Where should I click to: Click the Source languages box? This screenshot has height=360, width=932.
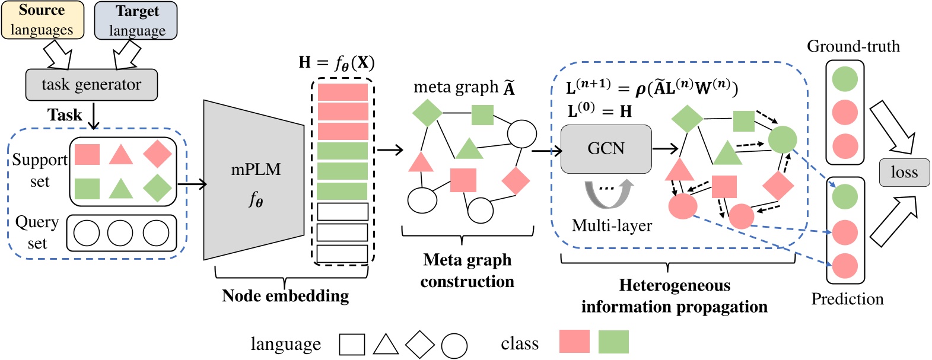coord(42,20)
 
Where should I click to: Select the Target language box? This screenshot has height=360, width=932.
coord(136,21)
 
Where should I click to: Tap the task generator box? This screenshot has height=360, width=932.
coord(91,85)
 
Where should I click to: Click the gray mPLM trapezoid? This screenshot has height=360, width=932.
coord(254,180)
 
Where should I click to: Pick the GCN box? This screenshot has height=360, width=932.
coord(606,149)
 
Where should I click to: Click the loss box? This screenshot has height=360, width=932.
coord(904,173)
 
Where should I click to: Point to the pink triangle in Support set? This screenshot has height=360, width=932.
coord(121,154)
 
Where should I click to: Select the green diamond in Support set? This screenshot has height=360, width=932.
coord(157,189)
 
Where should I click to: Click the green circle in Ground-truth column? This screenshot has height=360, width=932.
coord(845,79)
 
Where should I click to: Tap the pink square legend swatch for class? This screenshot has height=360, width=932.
coord(574,342)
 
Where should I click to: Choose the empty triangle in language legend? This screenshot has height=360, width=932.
coord(386,345)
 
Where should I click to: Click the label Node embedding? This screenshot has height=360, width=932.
coord(285,295)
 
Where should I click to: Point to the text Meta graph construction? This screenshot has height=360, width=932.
coord(467,270)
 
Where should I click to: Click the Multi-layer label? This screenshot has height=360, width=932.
coord(612,226)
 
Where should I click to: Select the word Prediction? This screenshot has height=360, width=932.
coord(847,299)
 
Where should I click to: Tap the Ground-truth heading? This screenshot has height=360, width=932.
coord(853,46)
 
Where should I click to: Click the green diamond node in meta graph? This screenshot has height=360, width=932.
coord(427,113)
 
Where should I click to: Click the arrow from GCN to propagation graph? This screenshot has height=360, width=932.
coord(665,149)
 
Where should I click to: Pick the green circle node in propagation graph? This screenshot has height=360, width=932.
coord(782,140)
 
